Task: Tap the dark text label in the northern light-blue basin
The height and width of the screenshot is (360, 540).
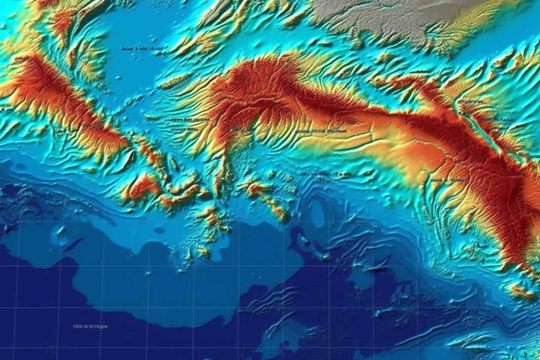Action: tap(141, 48)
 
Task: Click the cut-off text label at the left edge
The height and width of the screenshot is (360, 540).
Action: tap(5, 110)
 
